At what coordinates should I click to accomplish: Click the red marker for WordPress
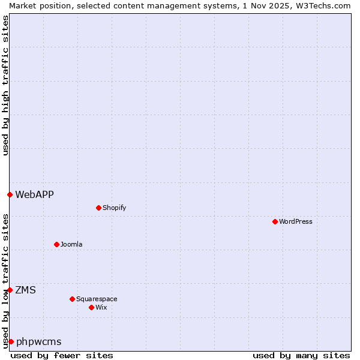coord(275,221)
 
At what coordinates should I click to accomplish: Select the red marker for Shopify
coord(98,208)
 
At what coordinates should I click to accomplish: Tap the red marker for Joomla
coord(56,244)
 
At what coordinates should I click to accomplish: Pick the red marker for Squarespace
coord(72,299)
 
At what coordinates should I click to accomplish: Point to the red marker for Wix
coord(91,307)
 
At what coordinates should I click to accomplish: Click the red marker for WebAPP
coord(10,194)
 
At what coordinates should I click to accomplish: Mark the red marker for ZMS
coord(10,290)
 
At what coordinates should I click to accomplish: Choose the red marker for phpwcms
coord(11,341)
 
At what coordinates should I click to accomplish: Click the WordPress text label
coord(296,221)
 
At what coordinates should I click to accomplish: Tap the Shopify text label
coord(114,208)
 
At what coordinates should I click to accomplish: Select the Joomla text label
coord(71,244)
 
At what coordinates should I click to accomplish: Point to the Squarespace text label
coord(97,299)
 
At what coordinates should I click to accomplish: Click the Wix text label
coord(101,307)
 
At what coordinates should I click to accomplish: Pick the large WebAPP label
coord(34,194)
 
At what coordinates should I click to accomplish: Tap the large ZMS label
coord(25,290)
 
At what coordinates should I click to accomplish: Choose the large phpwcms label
coord(38,341)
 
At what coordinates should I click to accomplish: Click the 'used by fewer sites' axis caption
coord(62,355)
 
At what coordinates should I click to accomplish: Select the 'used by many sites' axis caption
coord(301,355)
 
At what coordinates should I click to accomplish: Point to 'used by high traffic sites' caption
coord(5,85)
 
